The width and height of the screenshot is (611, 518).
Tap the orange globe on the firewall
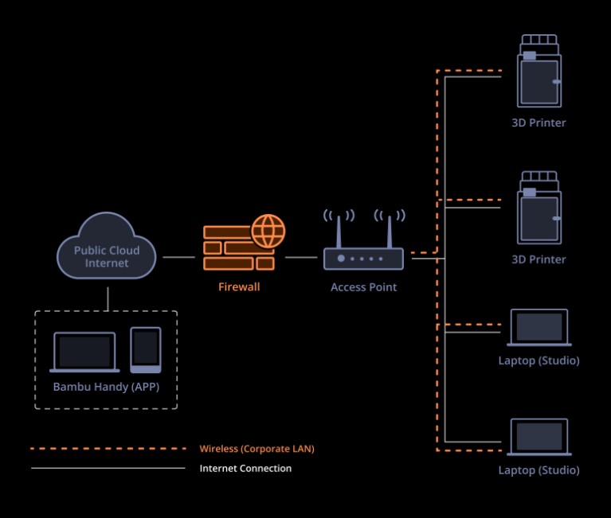[268, 231]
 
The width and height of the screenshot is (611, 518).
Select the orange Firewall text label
[239, 287]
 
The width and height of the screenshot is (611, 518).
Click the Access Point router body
[363, 259]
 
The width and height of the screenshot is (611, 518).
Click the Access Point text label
[363, 287]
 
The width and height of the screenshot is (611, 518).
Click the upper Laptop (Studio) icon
[539, 328]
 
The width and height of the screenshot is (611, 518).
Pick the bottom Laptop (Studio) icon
[539, 438]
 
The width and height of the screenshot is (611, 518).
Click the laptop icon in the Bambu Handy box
[84, 352]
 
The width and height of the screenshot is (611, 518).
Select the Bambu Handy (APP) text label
[105, 388]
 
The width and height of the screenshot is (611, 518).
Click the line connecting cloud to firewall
[178, 257]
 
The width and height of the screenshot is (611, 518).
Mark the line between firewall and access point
[301, 257]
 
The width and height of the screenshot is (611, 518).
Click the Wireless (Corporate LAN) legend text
[257, 449]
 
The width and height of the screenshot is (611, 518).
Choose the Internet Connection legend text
[245, 469]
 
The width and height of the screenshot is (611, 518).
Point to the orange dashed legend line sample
[108, 449]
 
